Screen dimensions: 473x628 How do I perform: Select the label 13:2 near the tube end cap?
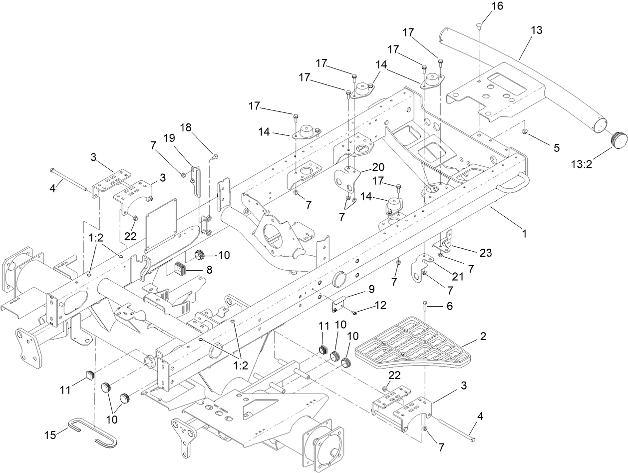(x=582, y=164)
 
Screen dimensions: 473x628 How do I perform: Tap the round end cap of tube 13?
(x=619, y=138)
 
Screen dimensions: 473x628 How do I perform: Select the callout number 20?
(x=377, y=166)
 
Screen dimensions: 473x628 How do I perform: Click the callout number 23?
(x=485, y=253)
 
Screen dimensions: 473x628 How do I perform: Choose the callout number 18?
(x=185, y=128)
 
